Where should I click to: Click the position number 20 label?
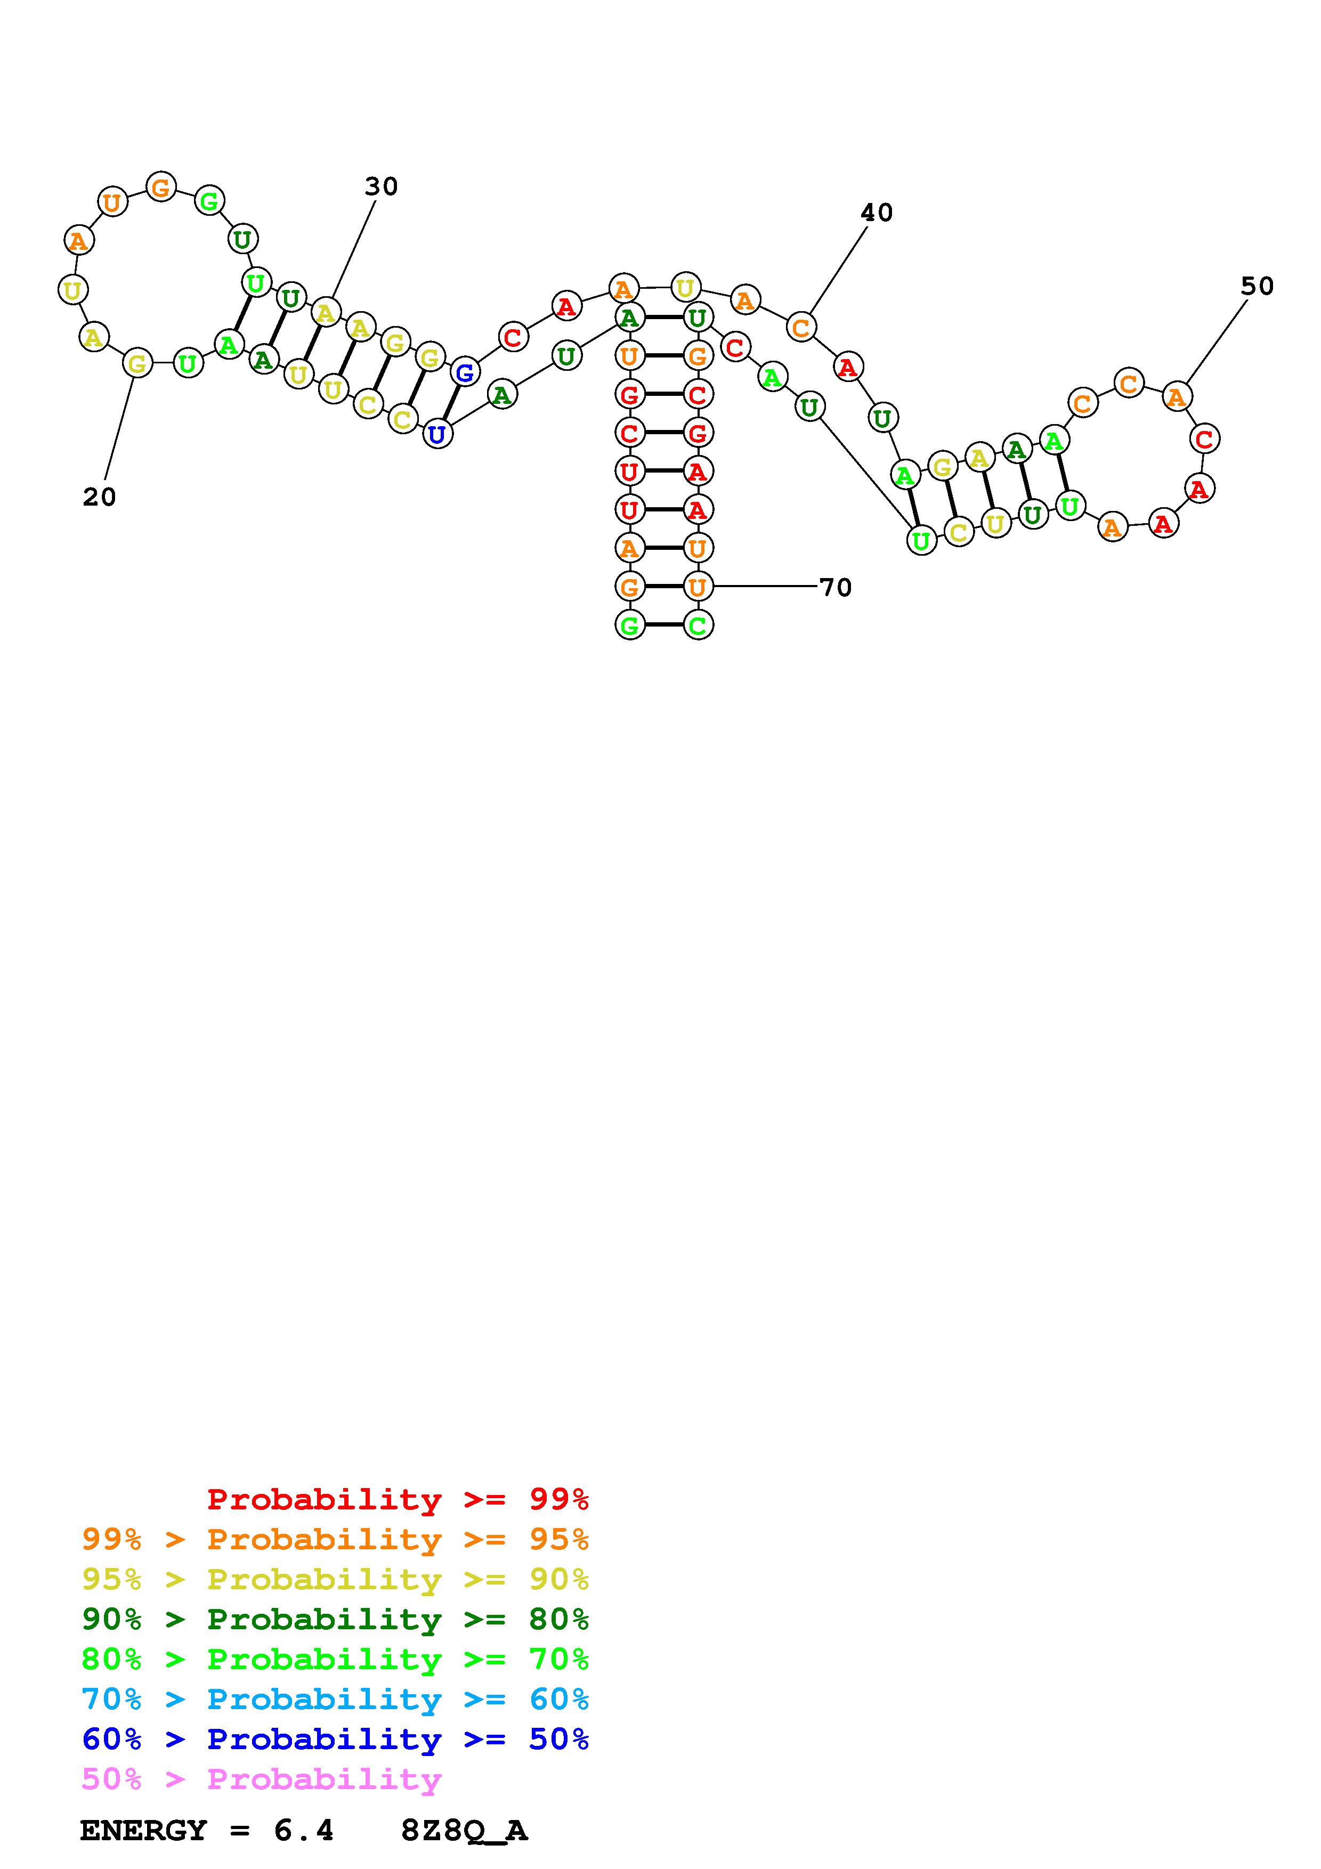(x=99, y=497)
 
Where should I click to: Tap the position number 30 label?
(x=381, y=186)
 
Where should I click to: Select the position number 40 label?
(x=877, y=213)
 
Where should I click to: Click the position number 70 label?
(x=835, y=587)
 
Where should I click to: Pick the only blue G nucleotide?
(x=465, y=373)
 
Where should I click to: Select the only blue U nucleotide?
(x=437, y=434)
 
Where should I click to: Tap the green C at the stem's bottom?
(x=698, y=625)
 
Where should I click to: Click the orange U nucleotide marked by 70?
(x=698, y=586)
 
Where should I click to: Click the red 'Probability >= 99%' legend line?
(x=398, y=1499)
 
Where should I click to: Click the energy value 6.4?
(x=304, y=1830)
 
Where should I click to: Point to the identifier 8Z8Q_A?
(x=464, y=1830)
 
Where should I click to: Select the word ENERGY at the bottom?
(x=143, y=1830)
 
